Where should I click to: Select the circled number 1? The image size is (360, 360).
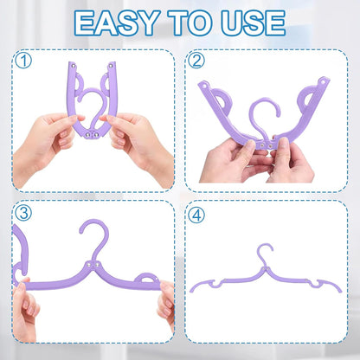coord(23,61)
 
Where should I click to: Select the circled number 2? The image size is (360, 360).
coord(197,61)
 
